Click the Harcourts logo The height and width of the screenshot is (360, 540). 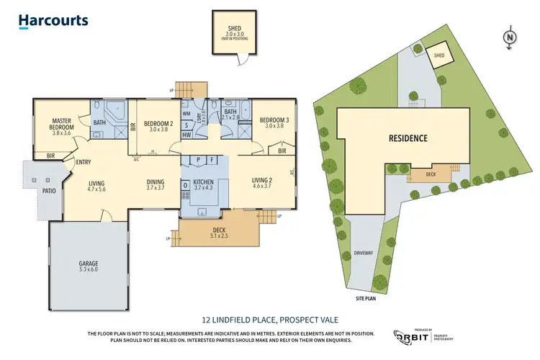[x=54, y=21]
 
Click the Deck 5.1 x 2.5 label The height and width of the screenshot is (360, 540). [x=218, y=231]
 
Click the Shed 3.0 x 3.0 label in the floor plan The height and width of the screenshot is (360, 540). [x=233, y=33]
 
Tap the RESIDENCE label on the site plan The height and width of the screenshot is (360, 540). [x=408, y=138]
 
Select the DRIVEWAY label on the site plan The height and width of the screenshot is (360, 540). [x=364, y=253]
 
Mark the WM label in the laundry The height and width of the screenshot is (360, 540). [x=186, y=114]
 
